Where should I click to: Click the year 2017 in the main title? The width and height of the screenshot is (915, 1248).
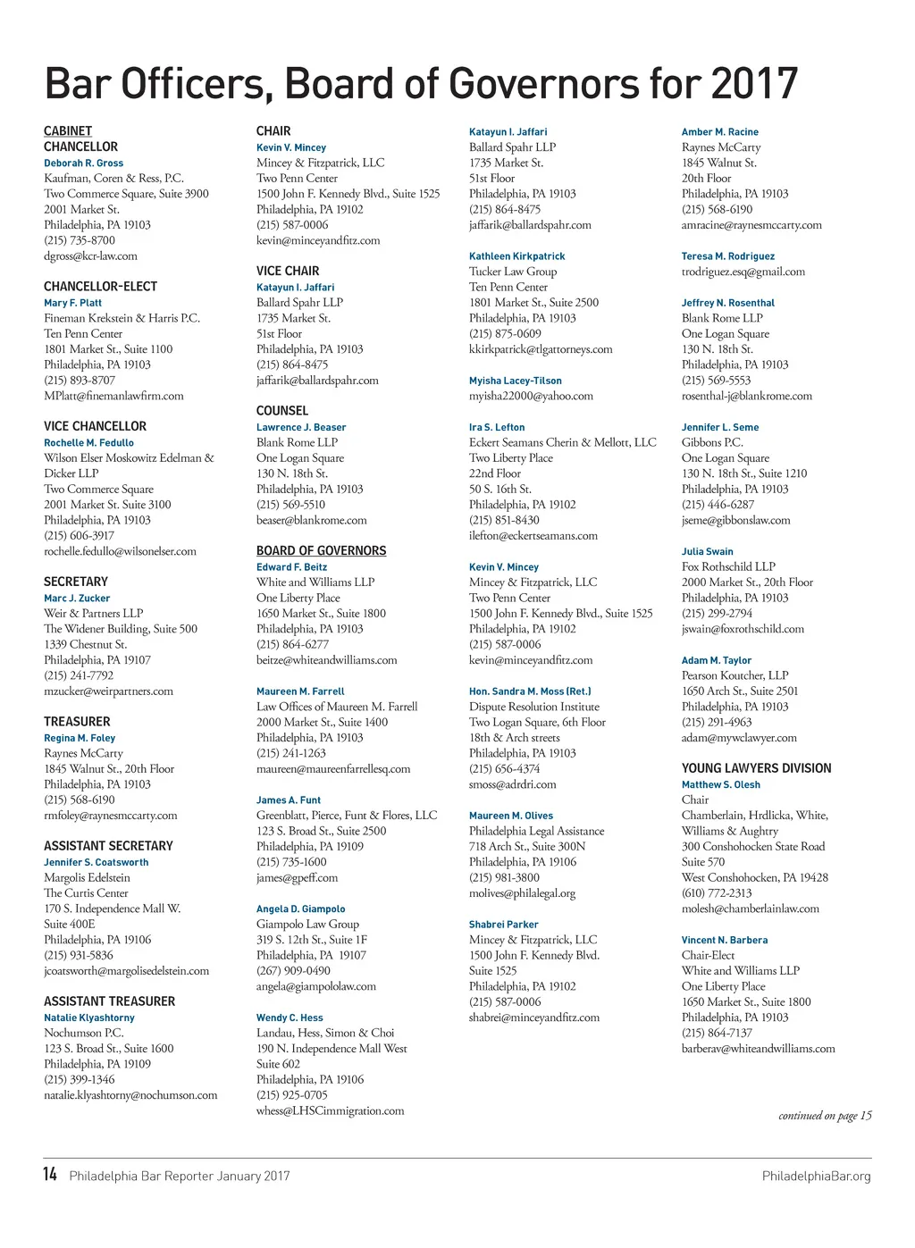[x=753, y=85]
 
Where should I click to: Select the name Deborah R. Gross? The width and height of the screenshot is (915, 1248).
[x=84, y=163]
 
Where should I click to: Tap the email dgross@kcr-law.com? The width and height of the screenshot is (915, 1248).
[x=90, y=256]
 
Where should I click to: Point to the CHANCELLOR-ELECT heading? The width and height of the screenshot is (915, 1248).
[x=100, y=287]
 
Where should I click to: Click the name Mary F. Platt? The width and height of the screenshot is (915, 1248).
[x=72, y=303]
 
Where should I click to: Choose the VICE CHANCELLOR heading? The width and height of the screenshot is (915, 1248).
[x=95, y=427]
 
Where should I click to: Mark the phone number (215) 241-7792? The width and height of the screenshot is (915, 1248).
[x=79, y=675]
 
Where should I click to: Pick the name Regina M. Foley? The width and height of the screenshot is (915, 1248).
[x=80, y=738]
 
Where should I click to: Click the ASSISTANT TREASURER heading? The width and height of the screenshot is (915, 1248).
[x=109, y=1002]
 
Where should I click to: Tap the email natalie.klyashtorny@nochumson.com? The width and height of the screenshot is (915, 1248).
[x=130, y=1095]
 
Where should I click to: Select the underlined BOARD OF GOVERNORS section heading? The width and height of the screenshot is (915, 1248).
[x=321, y=551]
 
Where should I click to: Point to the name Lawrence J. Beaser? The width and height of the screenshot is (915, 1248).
[x=301, y=427]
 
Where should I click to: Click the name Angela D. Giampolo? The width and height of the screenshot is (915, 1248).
[x=300, y=909]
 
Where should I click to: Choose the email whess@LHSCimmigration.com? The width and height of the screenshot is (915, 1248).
[x=330, y=1111]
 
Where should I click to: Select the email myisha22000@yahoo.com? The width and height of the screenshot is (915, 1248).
[x=531, y=396]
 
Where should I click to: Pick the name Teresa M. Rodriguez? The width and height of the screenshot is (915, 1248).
[x=727, y=256]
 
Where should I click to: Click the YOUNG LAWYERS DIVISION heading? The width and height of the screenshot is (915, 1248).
[x=756, y=768]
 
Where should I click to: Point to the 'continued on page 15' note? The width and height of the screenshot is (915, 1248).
[x=825, y=1116]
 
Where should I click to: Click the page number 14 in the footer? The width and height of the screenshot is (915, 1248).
[x=50, y=1174]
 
